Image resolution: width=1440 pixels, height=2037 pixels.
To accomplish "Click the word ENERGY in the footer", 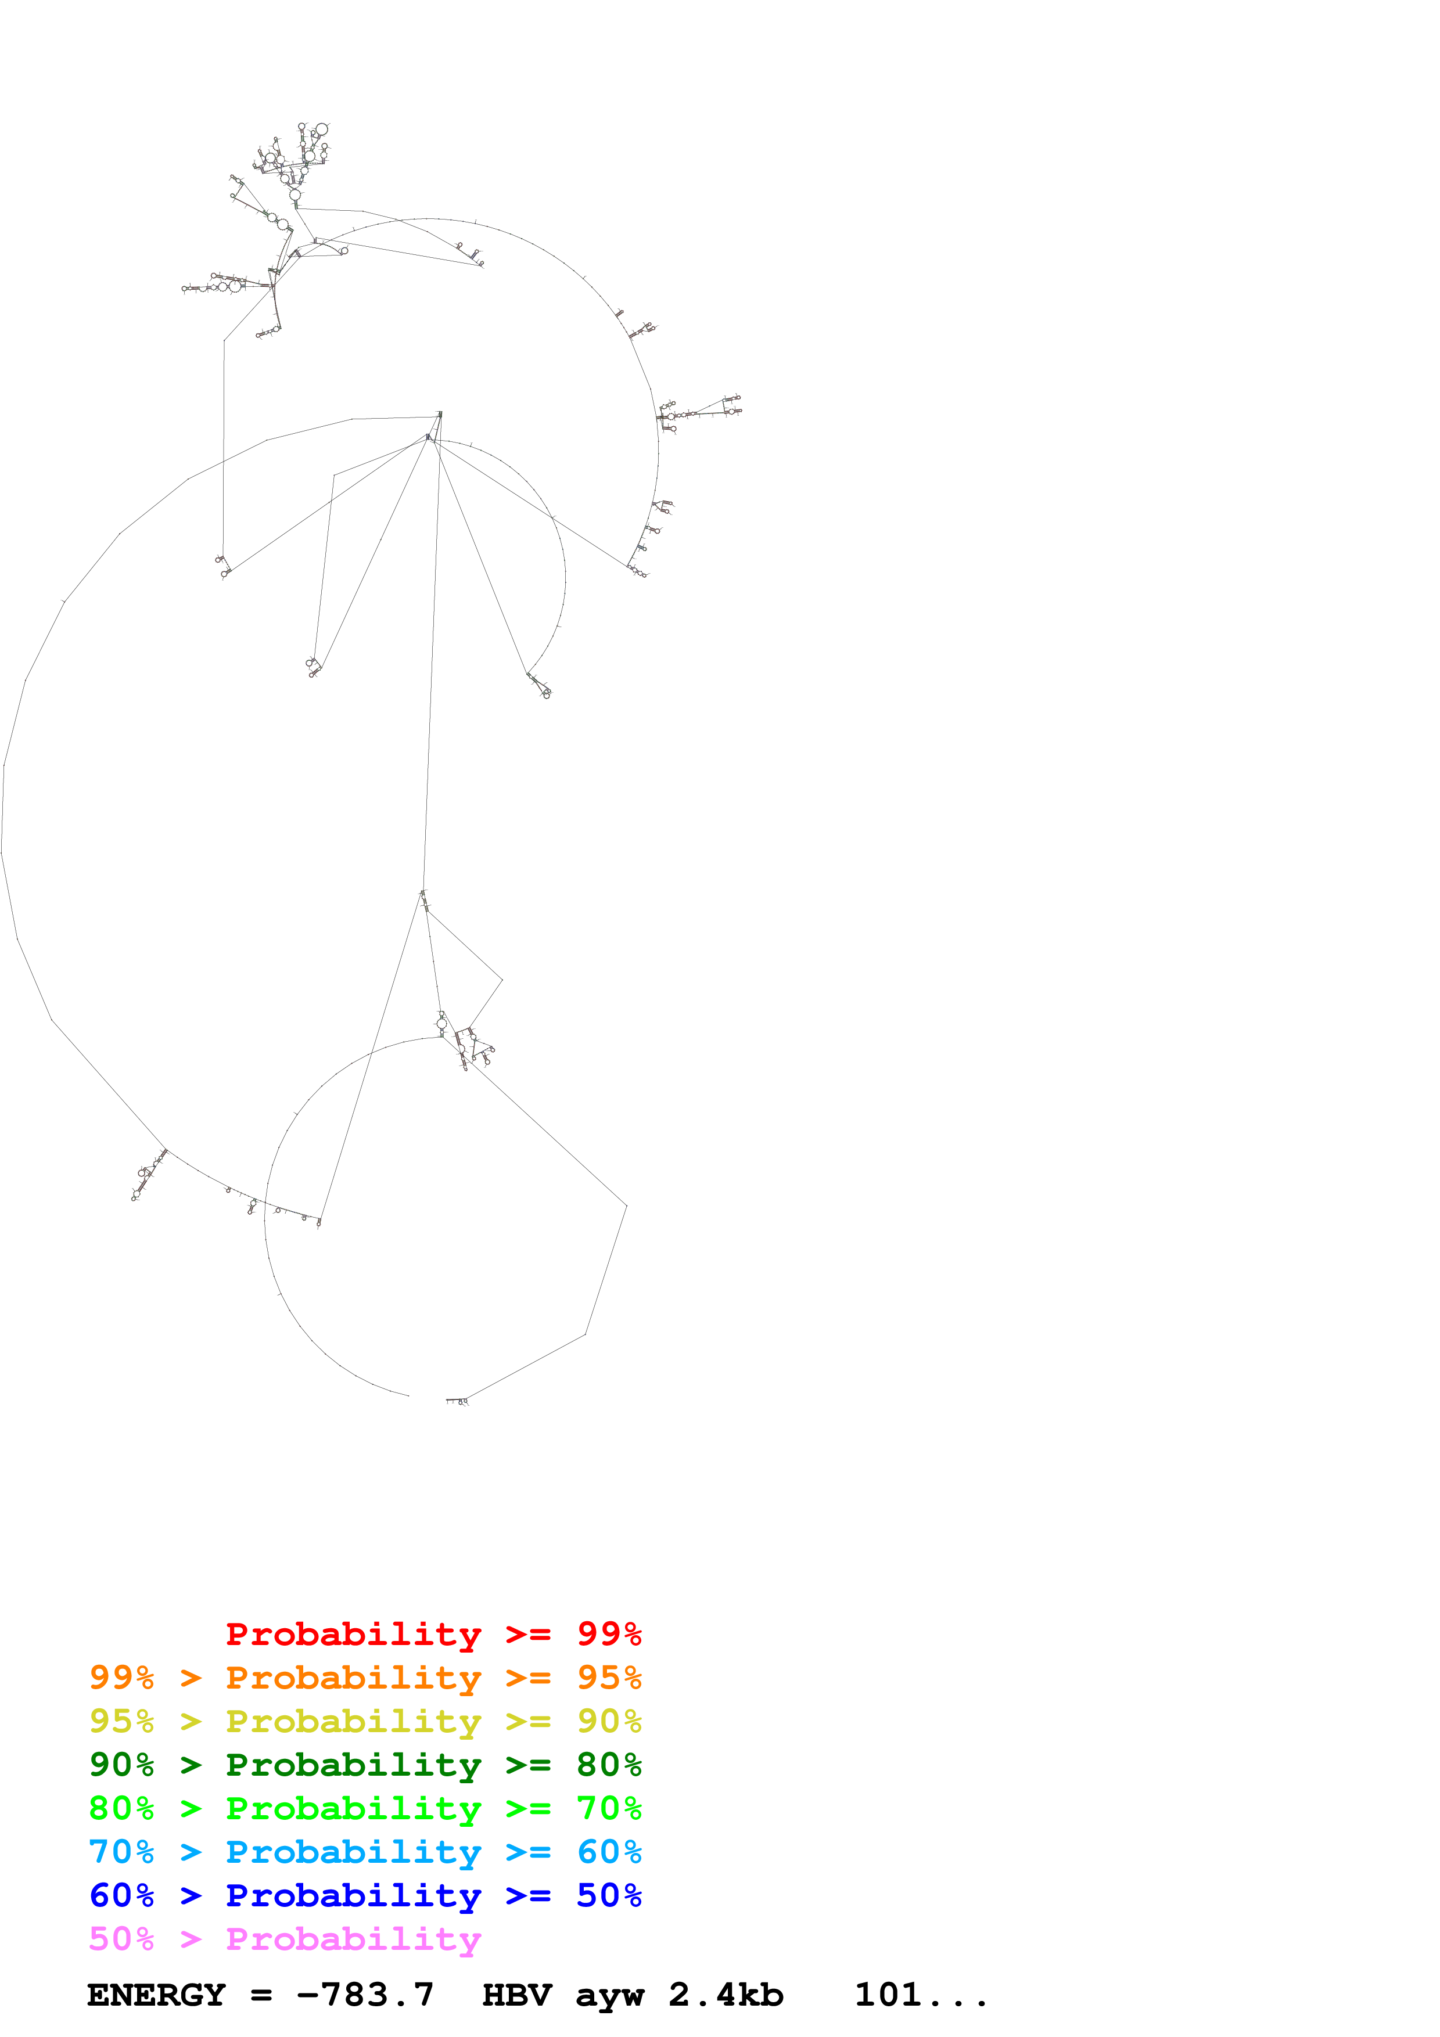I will (x=156, y=1995).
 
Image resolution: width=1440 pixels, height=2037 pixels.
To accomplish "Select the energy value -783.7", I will (x=365, y=1995).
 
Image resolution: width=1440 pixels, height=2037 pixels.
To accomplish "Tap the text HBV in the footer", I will (x=516, y=1995).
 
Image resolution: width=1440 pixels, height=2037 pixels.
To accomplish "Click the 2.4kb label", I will (x=726, y=1995).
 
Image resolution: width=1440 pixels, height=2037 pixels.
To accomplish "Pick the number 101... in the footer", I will (x=920, y=1995).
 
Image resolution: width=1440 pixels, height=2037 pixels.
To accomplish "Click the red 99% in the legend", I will (x=609, y=1634).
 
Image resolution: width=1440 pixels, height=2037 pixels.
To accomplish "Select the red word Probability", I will (x=353, y=1634).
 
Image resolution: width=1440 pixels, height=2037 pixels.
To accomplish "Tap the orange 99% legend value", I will (x=121, y=1678).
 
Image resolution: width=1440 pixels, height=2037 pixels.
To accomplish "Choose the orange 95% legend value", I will (x=609, y=1678).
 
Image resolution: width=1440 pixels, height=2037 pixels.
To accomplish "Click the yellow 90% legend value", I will (x=609, y=1721).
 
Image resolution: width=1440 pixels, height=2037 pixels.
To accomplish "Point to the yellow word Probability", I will (x=353, y=1721).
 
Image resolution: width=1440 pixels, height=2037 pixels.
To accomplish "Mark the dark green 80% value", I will (x=609, y=1765).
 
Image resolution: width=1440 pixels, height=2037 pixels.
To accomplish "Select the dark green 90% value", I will (x=121, y=1765).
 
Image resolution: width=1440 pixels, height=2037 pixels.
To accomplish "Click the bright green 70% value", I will (x=609, y=1808).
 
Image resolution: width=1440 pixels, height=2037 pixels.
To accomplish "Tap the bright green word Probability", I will (x=353, y=1808).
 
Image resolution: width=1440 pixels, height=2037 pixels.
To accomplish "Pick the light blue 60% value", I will (x=609, y=1852).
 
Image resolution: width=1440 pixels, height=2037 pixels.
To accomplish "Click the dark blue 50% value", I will (x=609, y=1895).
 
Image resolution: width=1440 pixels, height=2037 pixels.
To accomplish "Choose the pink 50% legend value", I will (x=121, y=1938).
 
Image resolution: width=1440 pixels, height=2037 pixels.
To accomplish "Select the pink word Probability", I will (x=353, y=1938).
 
